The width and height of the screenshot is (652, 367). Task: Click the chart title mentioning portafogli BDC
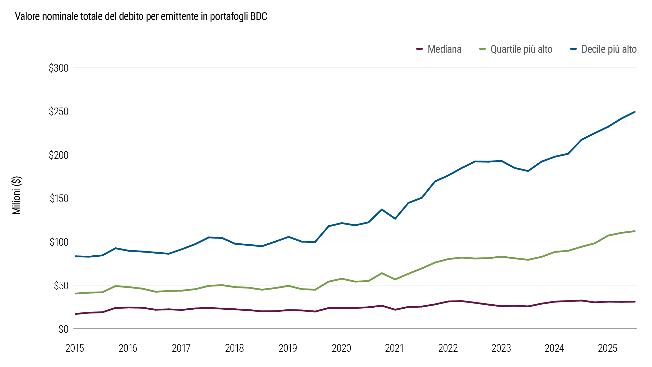pyautogui.click(x=141, y=17)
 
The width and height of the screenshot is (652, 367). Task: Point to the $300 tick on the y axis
pyautogui.click(x=59, y=68)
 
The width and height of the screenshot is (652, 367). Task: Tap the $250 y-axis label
pyautogui.click(x=59, y=112)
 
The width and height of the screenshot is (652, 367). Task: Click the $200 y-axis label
pyautogui.click(x=59, y=155)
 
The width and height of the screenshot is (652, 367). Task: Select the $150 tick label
pyautogui.click(x=59, y=199)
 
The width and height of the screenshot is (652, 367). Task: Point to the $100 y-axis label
pyautogui.click(x=59, y=242)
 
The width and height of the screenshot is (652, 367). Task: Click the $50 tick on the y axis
pyautogui.click(x=61, y=286)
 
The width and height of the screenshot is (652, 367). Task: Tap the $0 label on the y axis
pyautogui.click(x=63, y=329)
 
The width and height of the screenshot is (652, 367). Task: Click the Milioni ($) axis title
pyautogui.click(x=17, y=195)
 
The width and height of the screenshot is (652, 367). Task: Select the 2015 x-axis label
pyautogui.click(x=75, y=348)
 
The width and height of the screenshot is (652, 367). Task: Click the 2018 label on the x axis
pyautogui.click(x=234, y=348)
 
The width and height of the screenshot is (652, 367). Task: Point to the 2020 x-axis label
pyautogui.click(x=341, y=348)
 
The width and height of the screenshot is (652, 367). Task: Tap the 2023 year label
pyautogui.click(x=501, y=348)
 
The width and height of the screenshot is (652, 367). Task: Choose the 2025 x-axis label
pyautogui.click(x=607, y=348)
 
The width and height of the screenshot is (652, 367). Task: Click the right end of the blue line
pyautogui.click(x=634, y=112)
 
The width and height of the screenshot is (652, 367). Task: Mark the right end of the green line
pyautogui.click(x=634, y=231)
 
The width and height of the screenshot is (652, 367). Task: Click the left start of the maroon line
pyautogui.click(x=76, y=314)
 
